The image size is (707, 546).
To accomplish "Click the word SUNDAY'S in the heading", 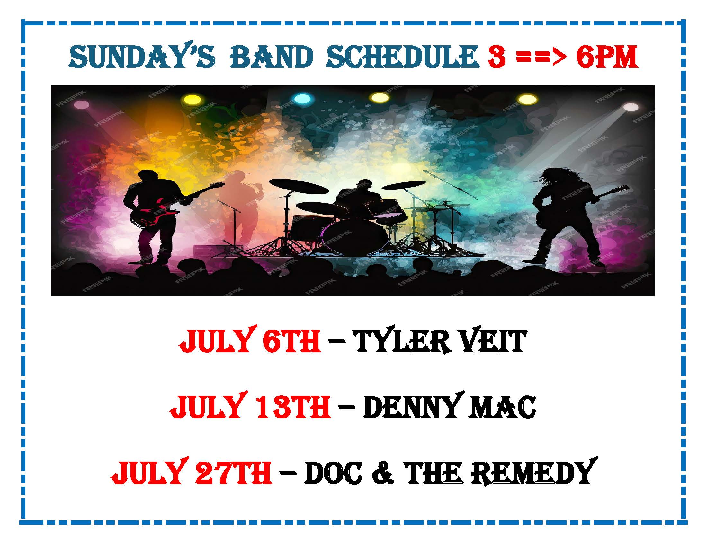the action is [x=142, y=57].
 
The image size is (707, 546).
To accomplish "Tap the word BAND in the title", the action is [x=272, y=57].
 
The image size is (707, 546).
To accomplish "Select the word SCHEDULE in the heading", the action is [x=403, y=57].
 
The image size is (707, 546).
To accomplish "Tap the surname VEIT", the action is [x=494, y=341].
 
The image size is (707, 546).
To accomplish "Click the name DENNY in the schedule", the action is [x=412, y=406].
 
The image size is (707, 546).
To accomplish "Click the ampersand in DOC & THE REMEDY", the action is [x=383, y=472].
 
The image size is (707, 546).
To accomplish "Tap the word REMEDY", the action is [x=534, y=471].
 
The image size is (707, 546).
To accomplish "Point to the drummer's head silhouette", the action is [x=363, y=186].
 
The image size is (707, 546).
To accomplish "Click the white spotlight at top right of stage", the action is [x=630, y=107].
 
